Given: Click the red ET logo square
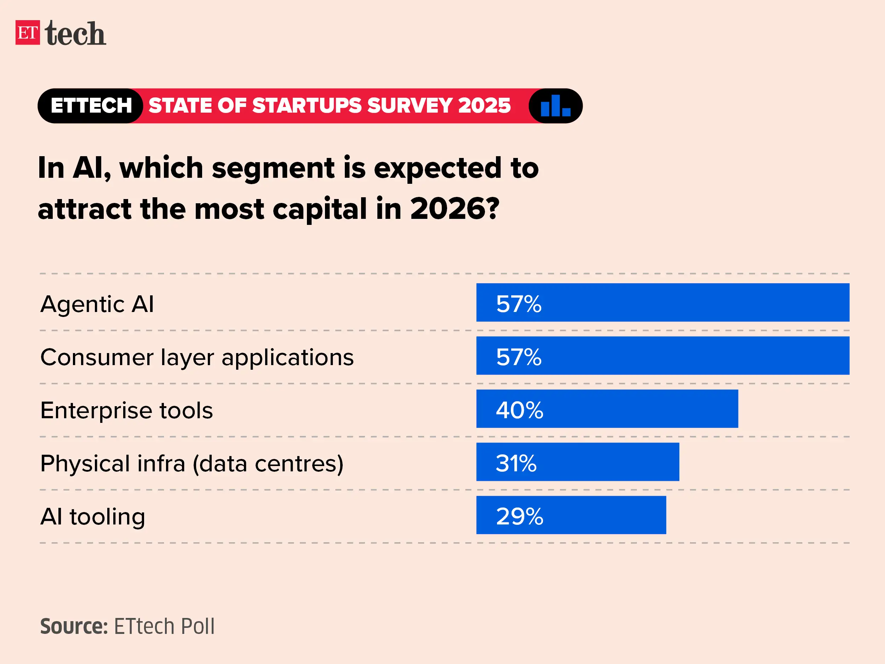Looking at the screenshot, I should point(28,33).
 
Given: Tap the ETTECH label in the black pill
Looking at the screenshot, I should point(91,106).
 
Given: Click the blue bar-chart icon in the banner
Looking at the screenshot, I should point(555,106).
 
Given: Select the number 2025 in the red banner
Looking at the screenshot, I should point(485,106).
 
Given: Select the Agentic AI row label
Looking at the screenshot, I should point(97,304).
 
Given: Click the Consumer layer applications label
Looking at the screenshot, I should point(197,357).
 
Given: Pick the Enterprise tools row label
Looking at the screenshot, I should point(126,410).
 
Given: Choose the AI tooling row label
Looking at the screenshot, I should point(93,516).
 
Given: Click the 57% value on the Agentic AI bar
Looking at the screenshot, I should point(519,304).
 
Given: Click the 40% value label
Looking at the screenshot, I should point(519,410).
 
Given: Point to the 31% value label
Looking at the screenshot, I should point(516,463).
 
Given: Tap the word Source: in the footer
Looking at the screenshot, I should point(74,626).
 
